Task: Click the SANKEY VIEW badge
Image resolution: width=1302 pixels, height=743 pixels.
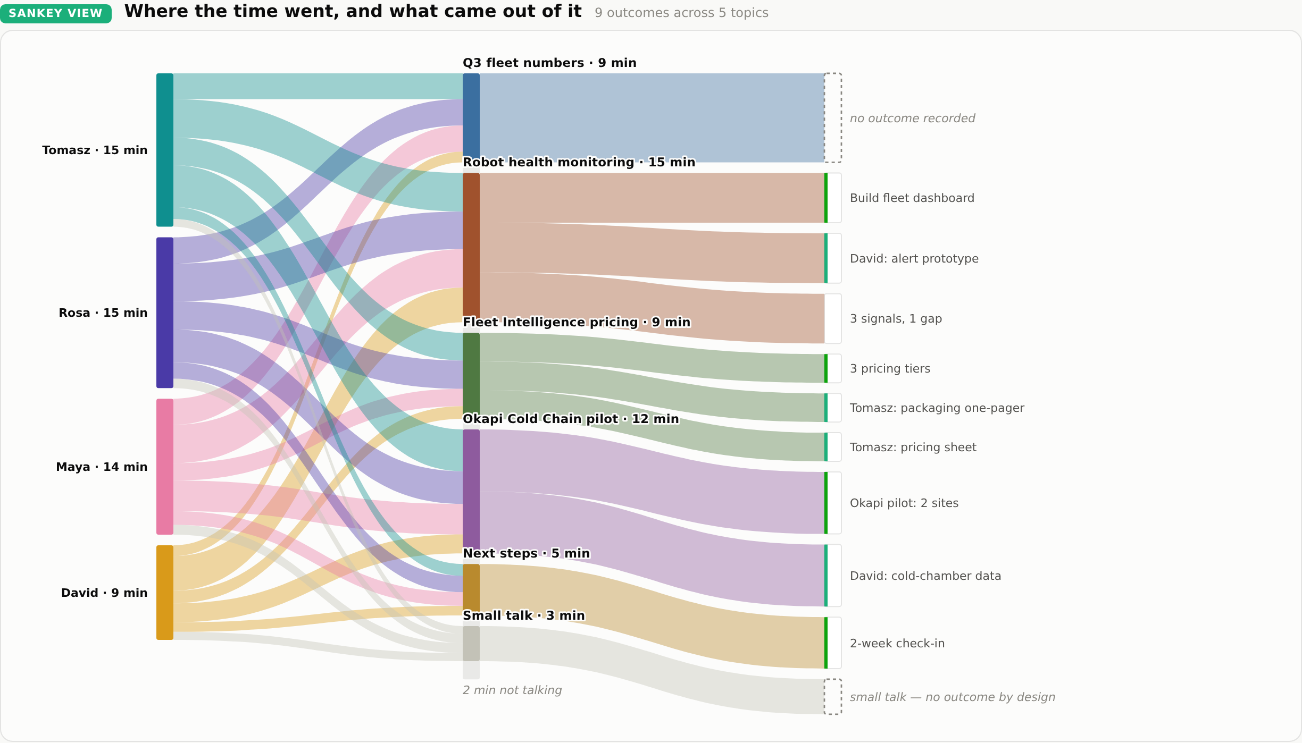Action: (56, 13)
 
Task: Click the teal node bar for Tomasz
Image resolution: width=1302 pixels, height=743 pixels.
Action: (165, 150)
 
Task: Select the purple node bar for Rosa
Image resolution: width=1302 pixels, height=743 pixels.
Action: (165, 313)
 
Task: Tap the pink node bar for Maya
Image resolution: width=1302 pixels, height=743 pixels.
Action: (165, 467)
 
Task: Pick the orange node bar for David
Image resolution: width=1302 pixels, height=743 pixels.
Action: (165, 593)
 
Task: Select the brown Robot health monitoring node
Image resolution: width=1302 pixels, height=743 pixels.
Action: (471, 244)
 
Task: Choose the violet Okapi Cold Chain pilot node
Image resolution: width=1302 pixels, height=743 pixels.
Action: (471, 488)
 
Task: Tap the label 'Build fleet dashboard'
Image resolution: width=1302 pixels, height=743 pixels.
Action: (912, 198)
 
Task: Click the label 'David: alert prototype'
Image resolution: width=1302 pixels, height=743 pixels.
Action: (914, 259)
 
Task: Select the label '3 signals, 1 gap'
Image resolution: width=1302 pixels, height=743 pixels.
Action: (896, 319)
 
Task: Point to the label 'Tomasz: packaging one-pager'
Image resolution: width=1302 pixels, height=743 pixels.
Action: (937, 408)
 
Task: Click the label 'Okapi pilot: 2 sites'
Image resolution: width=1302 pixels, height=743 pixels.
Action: (904, 503)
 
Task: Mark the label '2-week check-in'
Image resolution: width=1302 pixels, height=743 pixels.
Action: (897, 644)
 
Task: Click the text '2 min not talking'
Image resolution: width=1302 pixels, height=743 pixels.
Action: (512, 690)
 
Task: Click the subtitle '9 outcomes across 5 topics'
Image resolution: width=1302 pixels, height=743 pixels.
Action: (681, 13)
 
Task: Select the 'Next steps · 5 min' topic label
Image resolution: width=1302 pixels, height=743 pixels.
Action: (527, 553)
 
